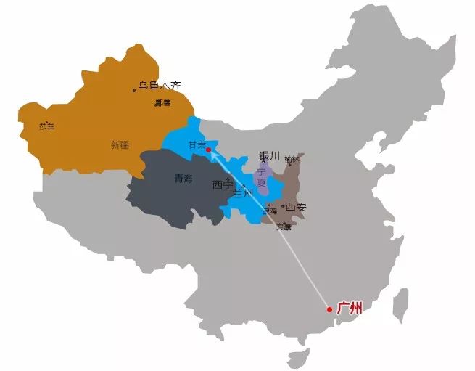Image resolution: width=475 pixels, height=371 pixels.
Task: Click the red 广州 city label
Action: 350,308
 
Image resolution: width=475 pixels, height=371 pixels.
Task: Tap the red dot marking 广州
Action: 330,309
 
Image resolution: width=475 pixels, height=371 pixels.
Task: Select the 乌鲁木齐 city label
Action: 160,86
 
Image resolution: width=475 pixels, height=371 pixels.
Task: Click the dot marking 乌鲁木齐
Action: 134,90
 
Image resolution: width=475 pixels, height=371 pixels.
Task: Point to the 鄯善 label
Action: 162,103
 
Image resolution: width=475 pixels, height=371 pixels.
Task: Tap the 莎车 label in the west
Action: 46,126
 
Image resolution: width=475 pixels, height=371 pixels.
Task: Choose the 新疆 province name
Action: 120,144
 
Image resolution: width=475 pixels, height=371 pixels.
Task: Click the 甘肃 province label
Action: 197,144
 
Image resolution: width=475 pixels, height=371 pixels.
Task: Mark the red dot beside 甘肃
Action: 208,150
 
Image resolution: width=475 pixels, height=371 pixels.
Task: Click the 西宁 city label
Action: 222,184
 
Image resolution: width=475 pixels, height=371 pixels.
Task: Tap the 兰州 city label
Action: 242,194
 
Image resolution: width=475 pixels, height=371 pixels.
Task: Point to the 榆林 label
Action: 292,158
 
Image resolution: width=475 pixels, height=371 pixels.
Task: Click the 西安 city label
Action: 296,207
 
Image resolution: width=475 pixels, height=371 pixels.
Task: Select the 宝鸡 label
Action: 270,211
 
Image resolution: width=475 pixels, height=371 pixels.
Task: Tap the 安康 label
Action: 283,227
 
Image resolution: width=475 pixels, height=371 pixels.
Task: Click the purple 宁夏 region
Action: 263,178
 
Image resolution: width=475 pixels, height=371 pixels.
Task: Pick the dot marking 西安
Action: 283,207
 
